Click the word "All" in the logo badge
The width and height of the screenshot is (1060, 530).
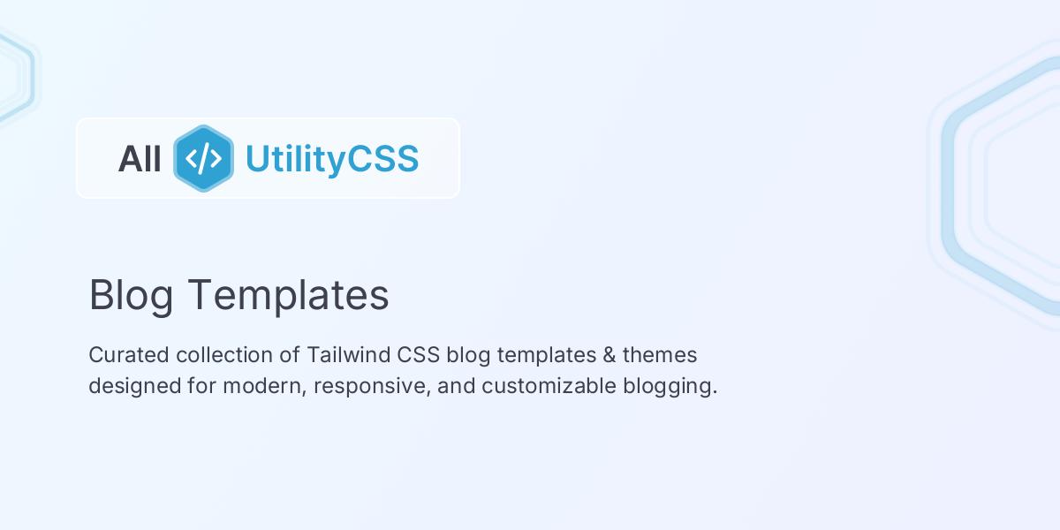coord(140,159)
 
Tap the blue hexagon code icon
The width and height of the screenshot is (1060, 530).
coord(204,158)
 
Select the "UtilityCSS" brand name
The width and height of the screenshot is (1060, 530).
coord(331,159)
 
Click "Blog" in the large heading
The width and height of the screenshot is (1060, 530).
coord(131,295)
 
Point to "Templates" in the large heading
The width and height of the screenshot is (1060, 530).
coord(288,295)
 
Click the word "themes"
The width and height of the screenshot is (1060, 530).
coord(660,355)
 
